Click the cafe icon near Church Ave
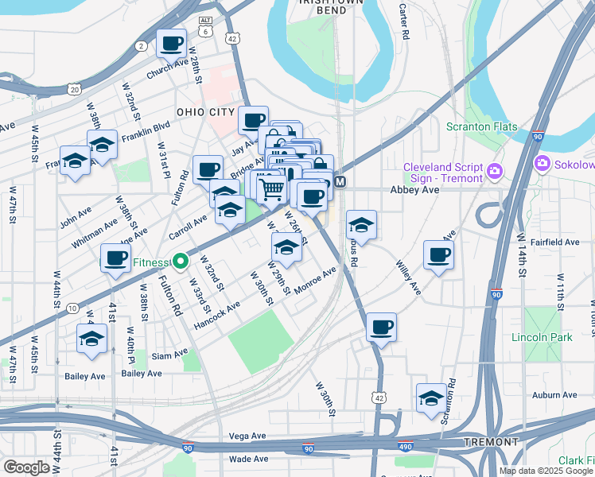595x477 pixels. pyautogui.click(x=171, y=44)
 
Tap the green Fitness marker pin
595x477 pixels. pyautogui.click(x=181, y=262)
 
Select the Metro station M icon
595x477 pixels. pyautogui.click(x=340, y=182)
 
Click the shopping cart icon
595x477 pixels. pyautogui.click(x=271, y=188)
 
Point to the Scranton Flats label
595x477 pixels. pyautogui.click(x=492, y=127)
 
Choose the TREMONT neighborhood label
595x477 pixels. pyautogui.click(x=492, y=441)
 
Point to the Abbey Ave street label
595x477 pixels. pyautogui.click(x=414, y=191)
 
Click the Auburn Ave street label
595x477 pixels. pyautogui.click(x=532, y=394)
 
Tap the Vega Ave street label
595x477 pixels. pyautogui.click(x=247, y=436)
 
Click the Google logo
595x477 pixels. pyautogui.click(x=27, y=467)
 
